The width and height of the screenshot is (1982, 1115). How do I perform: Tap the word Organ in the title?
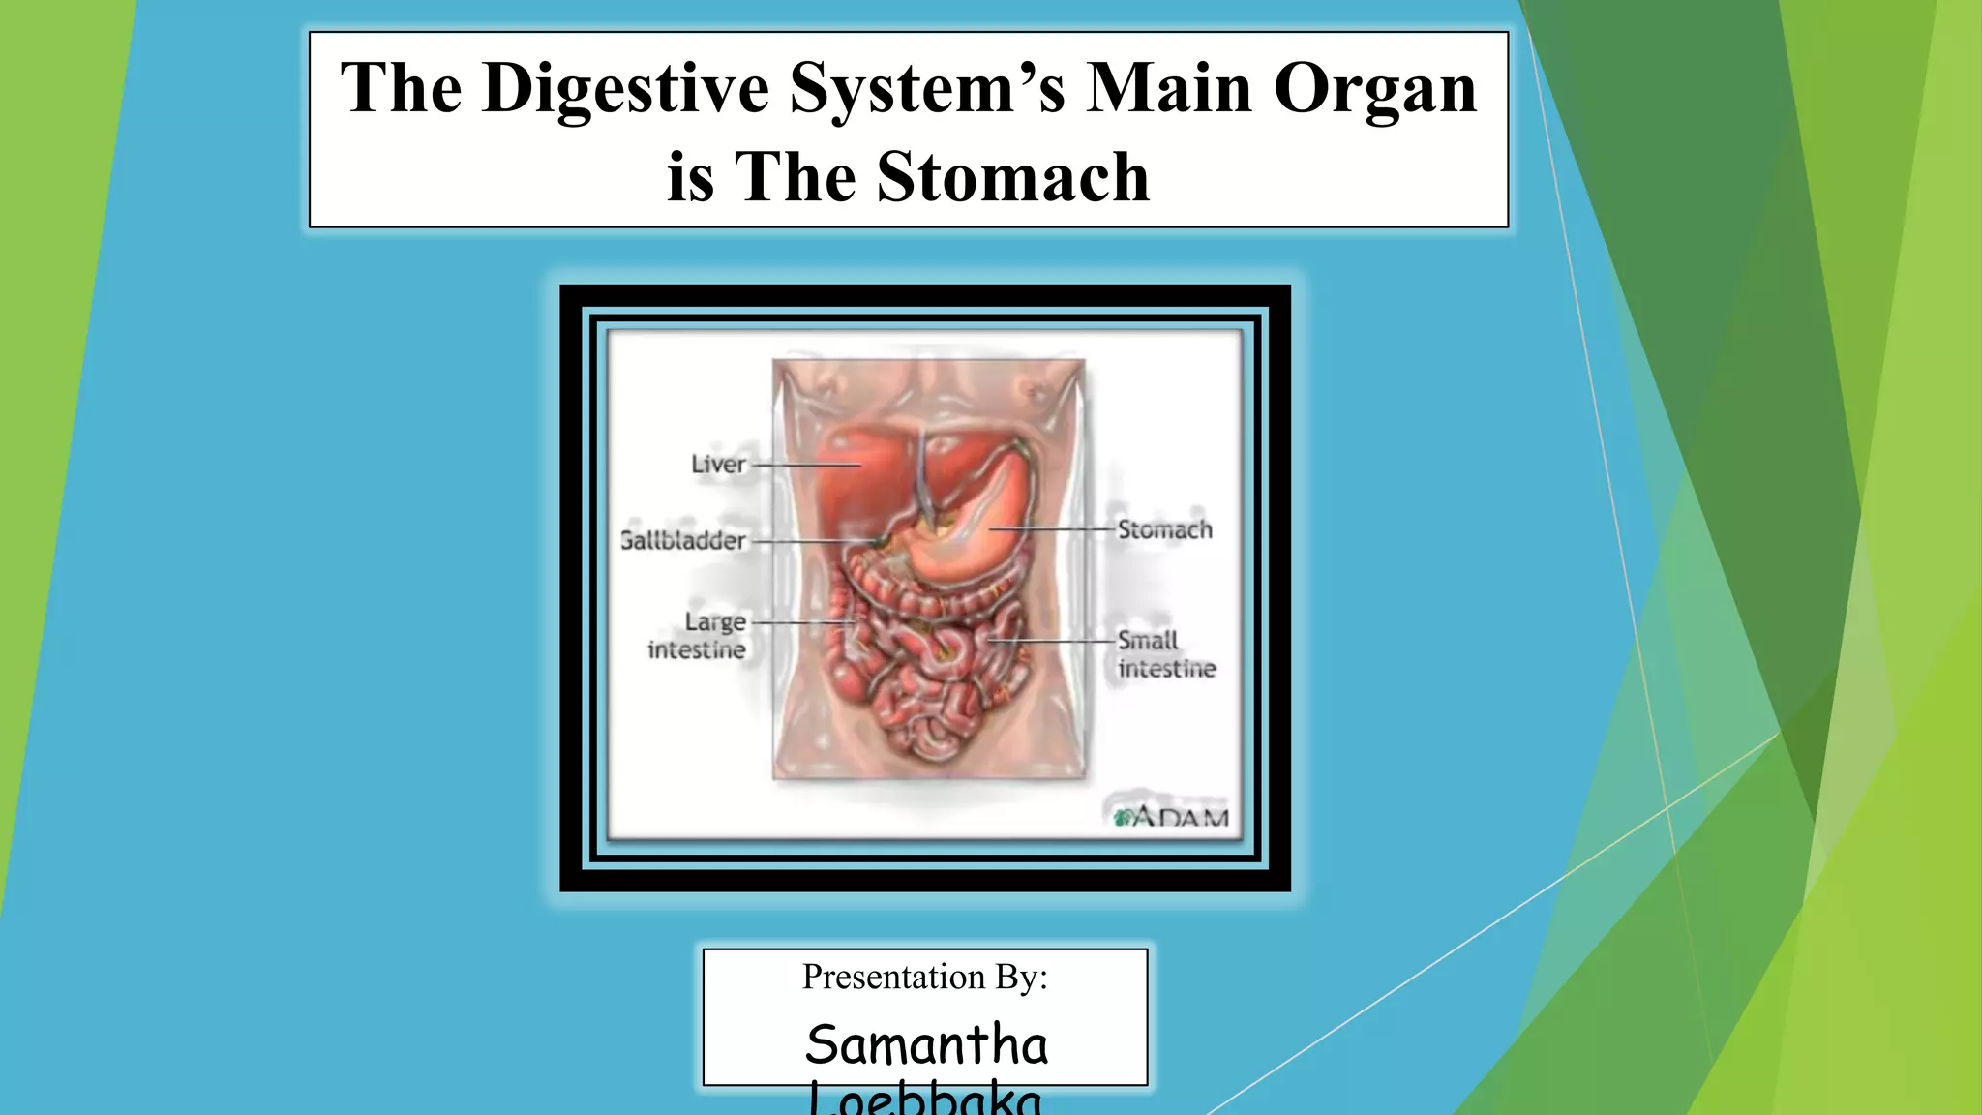(x=1374, y=89)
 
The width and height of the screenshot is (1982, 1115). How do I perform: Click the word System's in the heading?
(x=926, y=89)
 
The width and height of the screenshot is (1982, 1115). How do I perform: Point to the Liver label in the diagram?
(x=718, y=465)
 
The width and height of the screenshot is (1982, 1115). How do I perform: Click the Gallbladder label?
(x=683, y=540)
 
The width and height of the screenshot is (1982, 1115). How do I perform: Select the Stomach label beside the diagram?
(x=1164, y=529)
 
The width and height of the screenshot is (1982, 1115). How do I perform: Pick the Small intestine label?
(x=1165, y=654)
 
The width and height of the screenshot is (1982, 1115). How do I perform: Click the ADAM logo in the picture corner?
(x=1172, y=817)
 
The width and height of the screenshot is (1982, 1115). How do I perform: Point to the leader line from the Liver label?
(x=805, y=466)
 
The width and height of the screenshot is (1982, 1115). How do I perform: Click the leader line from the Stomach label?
(x=1055, y=529)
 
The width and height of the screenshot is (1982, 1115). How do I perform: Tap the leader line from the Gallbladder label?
(x=813, y=541)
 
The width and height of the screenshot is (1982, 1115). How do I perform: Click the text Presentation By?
(x=924, y=977)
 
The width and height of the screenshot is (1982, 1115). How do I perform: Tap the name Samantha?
(x=926, y=1045)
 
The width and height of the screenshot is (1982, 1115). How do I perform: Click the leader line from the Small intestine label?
(x=1055, y=641)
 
